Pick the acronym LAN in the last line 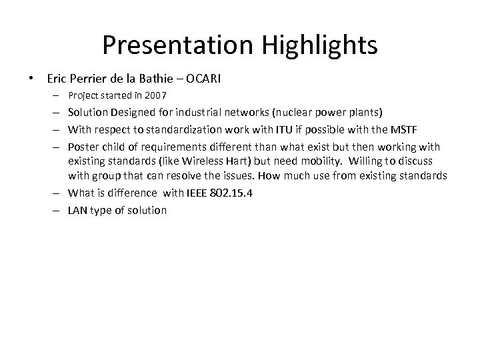pos(79,210)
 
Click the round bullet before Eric pos(33,78)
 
